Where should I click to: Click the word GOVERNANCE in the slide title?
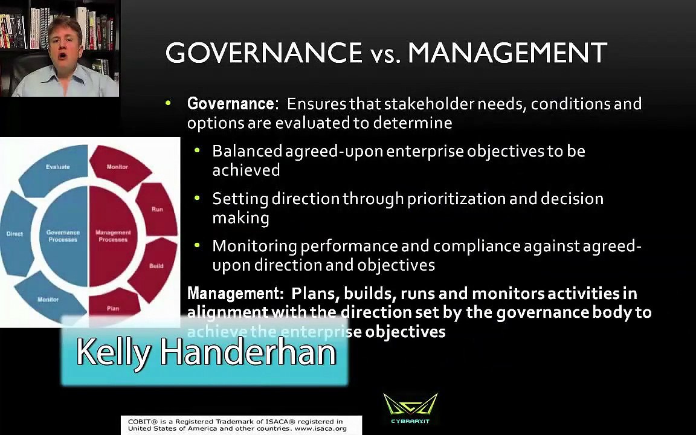coord(263,53)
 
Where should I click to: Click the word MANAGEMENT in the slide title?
coord(507,53)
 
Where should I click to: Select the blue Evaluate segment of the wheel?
coord(58,166)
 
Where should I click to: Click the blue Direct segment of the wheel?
coord(15,234)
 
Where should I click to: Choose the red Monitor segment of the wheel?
coord(117,166)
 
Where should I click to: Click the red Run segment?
coord(157,209)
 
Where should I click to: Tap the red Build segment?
coord(155,266)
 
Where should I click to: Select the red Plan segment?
coord(113,308)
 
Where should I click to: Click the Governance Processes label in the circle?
coord(63,236)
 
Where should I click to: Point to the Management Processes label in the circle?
coord(113,236)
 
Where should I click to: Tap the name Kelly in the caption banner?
coord(113,352)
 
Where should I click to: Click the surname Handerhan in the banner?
coord(248,352)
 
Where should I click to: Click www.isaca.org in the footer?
coord(320,428)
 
